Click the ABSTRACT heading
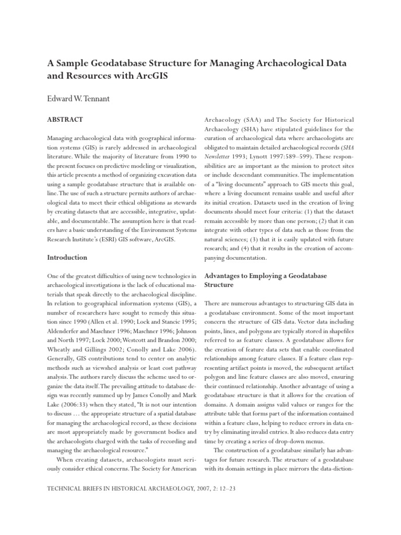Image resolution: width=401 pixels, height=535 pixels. tap(65, 120)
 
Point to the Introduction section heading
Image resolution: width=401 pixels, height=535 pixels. tap(67, 258)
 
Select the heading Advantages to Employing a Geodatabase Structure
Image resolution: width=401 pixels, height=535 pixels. tap(276, 280)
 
